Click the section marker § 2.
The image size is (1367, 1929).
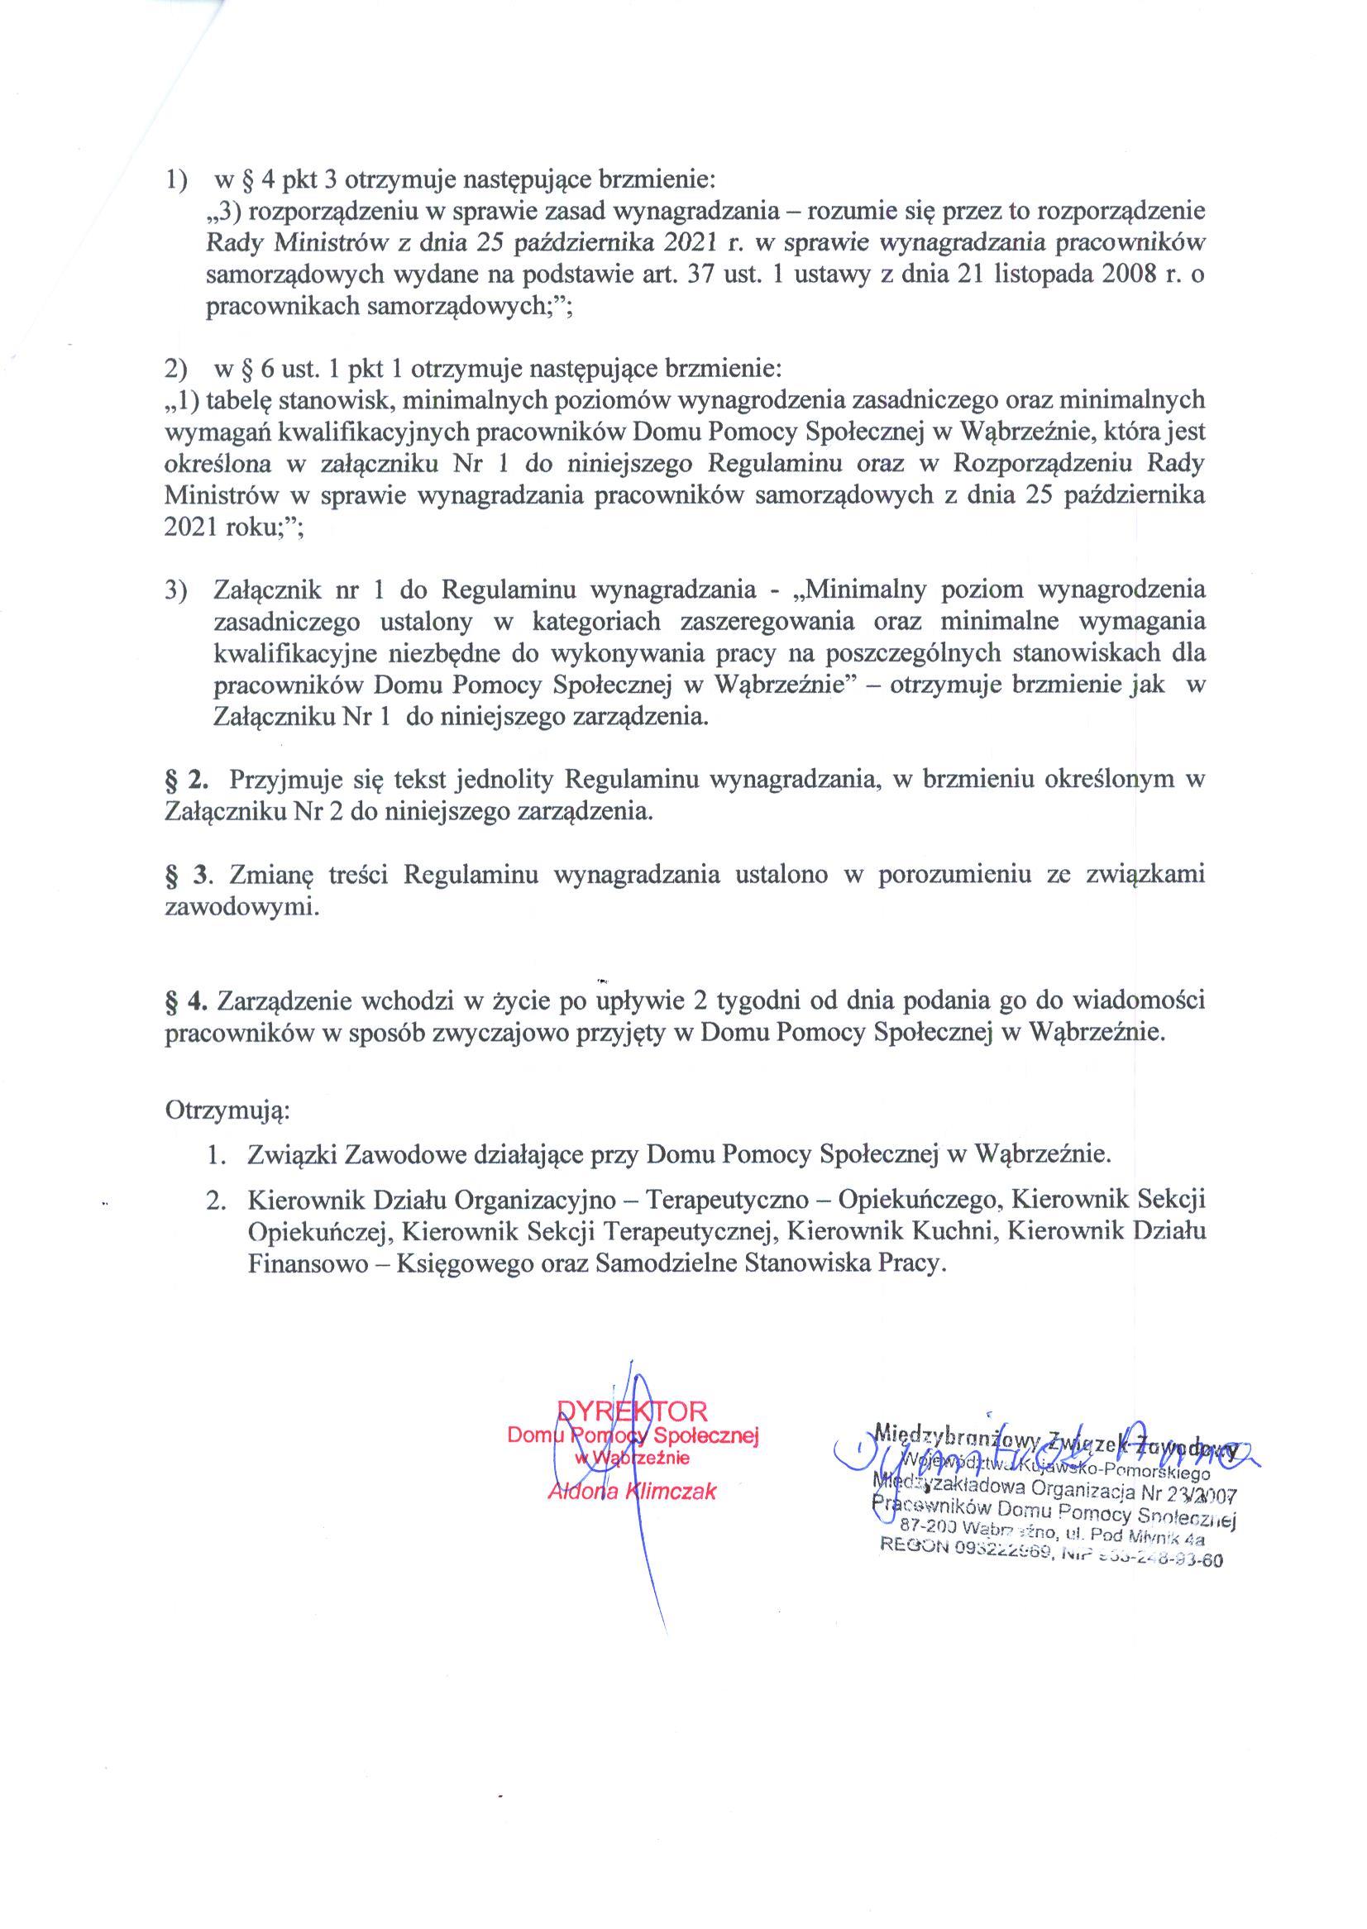coord(185,780)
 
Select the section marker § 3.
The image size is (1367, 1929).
coord(185,875)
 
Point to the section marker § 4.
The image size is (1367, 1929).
coord(185,1000)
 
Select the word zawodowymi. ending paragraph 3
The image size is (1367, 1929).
coord(242,907)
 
